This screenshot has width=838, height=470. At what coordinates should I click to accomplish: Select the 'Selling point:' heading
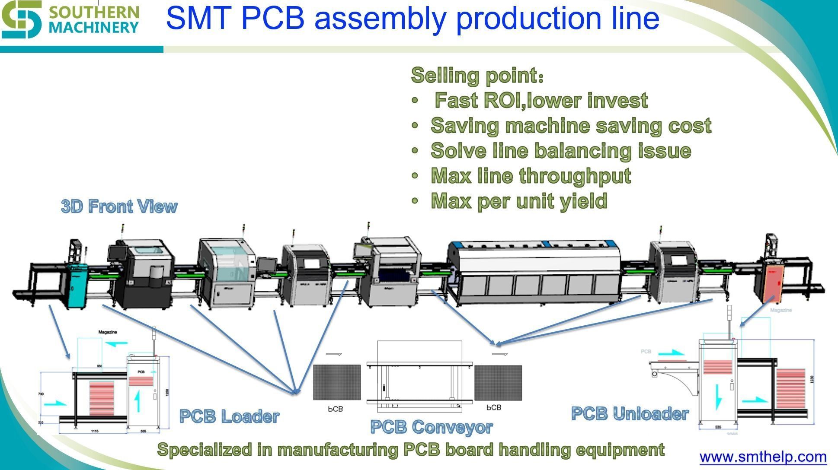click(477, 75)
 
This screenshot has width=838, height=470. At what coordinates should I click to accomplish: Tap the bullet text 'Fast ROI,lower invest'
click(541, 100)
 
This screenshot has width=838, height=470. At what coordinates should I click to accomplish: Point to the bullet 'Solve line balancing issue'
click(560, 151)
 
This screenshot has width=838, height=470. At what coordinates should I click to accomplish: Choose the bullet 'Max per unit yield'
click(519, 201)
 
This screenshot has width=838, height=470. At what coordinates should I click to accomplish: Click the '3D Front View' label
click(119, 206)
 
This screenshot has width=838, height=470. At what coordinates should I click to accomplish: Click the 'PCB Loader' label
click(229, 416)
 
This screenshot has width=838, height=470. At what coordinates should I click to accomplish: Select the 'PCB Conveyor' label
click(431, 427)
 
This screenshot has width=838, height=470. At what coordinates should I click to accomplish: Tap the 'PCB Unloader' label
click(630, 413)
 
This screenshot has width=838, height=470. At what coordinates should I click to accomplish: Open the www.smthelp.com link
click(763, 456)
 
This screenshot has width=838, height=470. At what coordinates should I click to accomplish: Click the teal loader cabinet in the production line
click(78, 285)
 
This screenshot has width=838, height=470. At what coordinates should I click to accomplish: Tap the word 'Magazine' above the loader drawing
click(108, 332)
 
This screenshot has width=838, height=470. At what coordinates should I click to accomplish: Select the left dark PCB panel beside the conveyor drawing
click(336, 382)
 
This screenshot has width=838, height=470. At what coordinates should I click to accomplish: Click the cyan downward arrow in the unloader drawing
click(718, 396)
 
